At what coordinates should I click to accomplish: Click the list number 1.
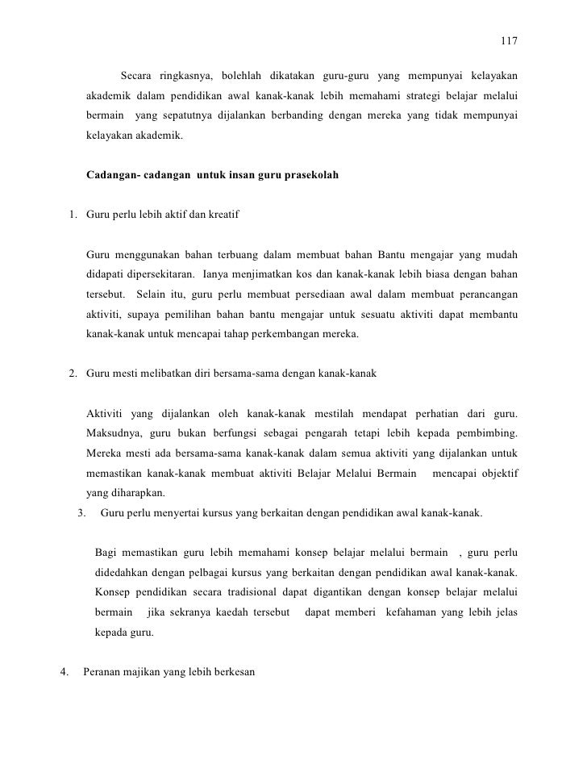pos(72,215)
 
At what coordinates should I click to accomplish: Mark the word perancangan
pos(484,294)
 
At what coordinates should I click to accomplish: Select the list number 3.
pos(81,512)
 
